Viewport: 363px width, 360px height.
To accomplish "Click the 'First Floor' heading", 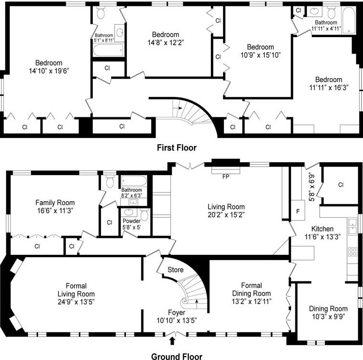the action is [x=177, y=148].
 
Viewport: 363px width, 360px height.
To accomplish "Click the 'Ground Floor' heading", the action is [x=177, y=357].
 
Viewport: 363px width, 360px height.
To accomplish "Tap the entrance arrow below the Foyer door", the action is [x=172, y=341].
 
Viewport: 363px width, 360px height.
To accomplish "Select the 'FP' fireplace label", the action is [x=226, y=177].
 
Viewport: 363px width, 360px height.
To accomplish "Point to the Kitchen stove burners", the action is [x=353, y=251].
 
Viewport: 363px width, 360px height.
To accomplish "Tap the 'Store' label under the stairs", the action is [x=176, y=270].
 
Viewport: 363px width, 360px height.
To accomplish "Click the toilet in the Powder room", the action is [x=144, y=215].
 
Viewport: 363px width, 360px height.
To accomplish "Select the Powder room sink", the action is [x=128, y=212].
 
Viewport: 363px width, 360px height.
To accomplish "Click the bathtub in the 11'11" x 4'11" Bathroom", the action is [x=349, y=21].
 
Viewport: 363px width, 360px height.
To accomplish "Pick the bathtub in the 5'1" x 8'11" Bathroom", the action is [x=108, y=50].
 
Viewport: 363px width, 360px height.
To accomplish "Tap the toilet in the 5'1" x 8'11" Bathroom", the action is [x=101, y=13].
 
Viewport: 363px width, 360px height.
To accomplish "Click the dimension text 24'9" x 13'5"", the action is [x=76, y=302].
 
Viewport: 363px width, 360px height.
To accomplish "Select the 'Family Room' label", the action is [x=55, y=203].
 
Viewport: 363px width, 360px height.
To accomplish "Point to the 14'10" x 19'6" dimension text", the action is [x=49, y=71].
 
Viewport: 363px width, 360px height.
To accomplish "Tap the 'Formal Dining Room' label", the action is [x=251, y=290].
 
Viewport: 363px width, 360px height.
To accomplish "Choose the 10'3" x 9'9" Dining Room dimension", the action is [x=328, y=317].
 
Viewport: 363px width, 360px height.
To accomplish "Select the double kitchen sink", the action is [x=353, y=226].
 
